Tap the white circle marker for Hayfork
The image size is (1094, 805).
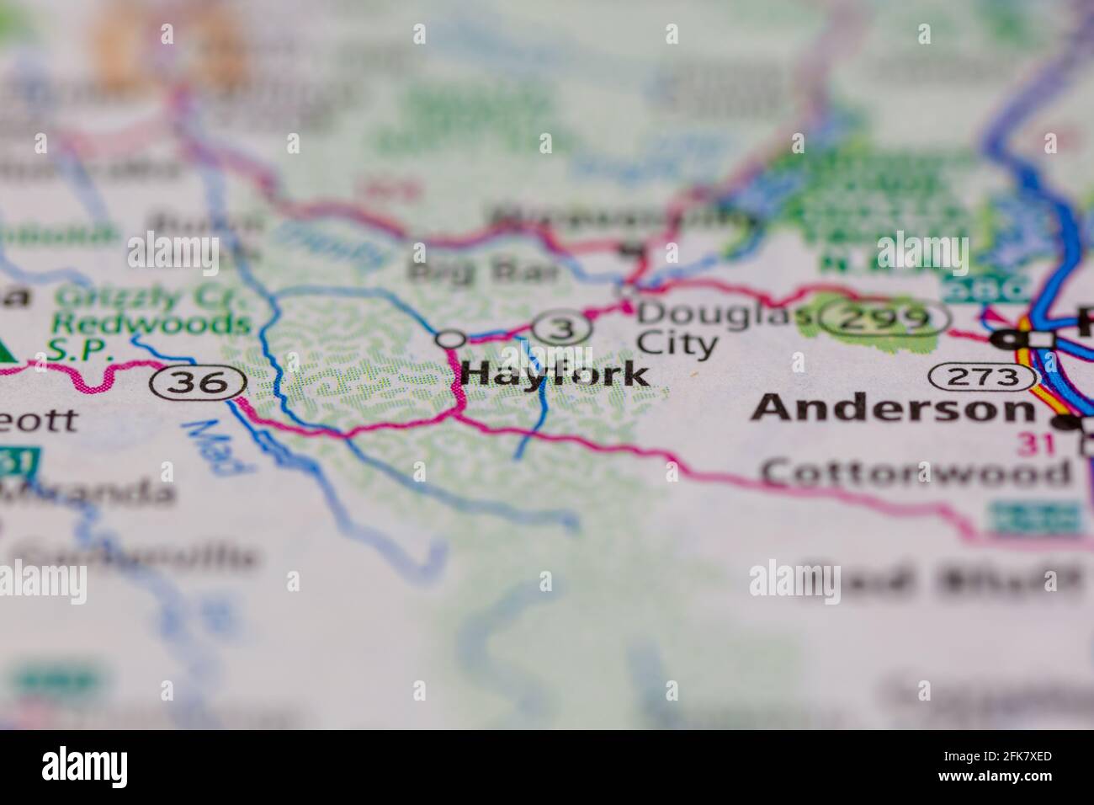coord(451,339)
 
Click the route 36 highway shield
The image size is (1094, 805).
coord(198,383)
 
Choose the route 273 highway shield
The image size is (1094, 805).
coord(982,377)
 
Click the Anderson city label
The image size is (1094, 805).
coord(893,409)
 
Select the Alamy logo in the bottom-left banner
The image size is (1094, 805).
coord(85,765)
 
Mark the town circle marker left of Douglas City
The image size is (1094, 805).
coord(626,291)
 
